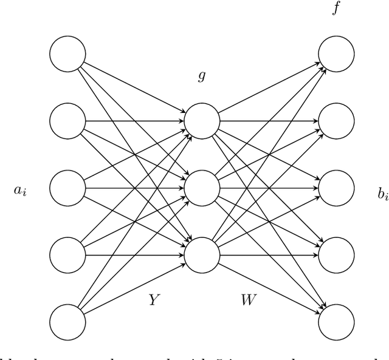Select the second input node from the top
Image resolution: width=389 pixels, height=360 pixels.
point(67,121)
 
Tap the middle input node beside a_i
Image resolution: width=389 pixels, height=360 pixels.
point(67,188)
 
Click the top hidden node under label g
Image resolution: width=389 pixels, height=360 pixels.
point(201,121)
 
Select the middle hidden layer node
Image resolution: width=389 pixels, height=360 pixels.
point(201,188)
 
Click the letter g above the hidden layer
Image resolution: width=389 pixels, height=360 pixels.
point(201,77)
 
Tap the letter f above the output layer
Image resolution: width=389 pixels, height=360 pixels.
point(336,9)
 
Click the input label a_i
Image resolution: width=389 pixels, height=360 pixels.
point(20,192)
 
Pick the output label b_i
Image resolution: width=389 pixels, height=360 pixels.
point(382,195)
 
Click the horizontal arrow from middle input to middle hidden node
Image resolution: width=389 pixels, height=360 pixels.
point(134,188)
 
